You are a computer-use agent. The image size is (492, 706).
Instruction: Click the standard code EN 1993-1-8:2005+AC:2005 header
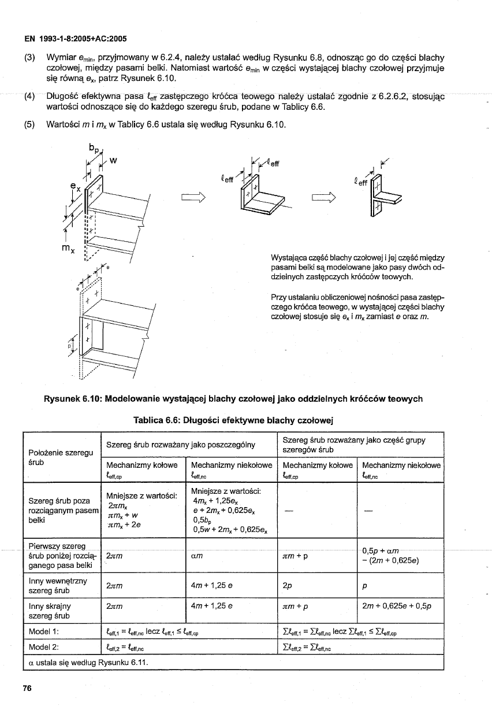[x=75, y=39]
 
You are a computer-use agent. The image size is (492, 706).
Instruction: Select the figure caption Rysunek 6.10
[x=233, y=398]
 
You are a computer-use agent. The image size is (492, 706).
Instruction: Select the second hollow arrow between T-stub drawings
[x=324, y=199]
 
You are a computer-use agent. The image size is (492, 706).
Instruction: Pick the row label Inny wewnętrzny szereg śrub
[x=55, y=586]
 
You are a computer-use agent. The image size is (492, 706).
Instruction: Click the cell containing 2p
[x=286, y=586]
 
